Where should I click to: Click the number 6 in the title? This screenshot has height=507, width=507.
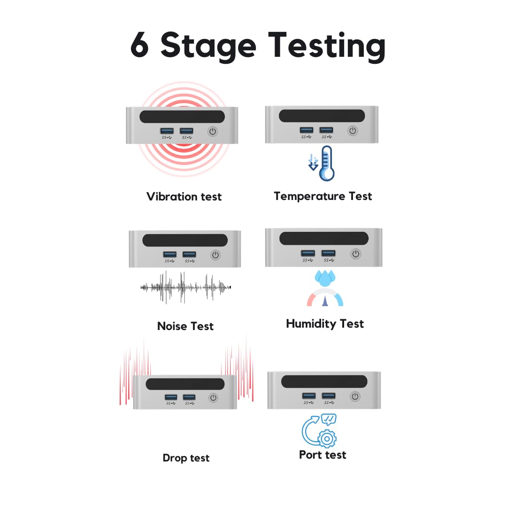140,46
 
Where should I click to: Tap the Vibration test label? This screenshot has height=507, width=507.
184,196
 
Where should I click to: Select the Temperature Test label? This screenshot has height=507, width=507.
323,196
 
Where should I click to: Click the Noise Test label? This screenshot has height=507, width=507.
185,326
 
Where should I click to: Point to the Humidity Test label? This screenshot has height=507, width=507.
325,323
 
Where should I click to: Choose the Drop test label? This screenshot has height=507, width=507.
186,458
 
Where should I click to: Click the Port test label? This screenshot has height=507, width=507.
323,454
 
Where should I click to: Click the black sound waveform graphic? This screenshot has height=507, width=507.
186,287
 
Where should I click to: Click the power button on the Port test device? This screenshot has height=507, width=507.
355,397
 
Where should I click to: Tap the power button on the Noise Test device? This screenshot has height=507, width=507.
215,255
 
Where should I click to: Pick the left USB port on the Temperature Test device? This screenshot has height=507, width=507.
307,130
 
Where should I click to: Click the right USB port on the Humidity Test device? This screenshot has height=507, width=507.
329,253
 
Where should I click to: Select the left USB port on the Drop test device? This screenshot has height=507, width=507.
171,397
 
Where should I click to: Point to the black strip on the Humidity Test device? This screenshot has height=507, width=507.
324,238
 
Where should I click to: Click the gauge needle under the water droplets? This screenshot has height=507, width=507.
325,300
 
